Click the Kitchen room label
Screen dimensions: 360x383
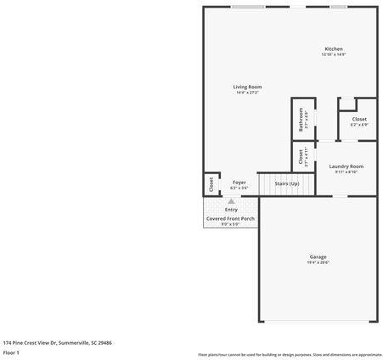point(334,49)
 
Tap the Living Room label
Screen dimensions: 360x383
point(248,87)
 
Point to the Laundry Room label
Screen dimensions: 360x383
point(346,166)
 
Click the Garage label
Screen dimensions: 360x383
point(318,257)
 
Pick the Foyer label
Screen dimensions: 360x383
point(239,182)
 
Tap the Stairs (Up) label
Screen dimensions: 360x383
point(286,183)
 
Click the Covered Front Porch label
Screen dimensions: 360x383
point(230,219)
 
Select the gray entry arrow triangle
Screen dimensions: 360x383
point(231,201)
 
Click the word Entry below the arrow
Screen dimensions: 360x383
point(231,210)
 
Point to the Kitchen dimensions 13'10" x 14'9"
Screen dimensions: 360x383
point(334,55)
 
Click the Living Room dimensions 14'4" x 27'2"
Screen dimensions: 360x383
point(248,93)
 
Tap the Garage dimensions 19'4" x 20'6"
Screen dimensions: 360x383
point(318,263)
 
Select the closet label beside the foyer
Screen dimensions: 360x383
point(211,183)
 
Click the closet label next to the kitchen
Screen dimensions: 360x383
point(359,120)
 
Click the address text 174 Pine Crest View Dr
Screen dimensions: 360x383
point(58,342)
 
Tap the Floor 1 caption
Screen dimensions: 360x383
point(12,352)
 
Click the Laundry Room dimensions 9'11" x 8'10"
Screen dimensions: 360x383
point(346,172)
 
